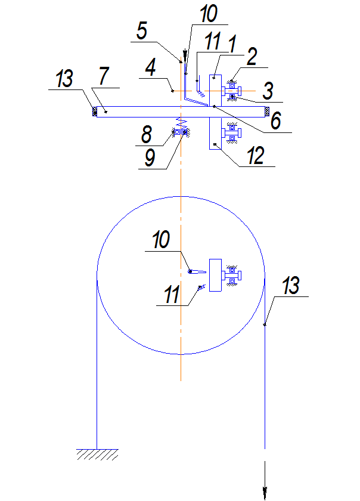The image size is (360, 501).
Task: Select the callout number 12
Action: (x=256, y=156)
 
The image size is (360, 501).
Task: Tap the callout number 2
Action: (x=251, y=57)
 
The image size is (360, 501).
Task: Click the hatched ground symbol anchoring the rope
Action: (x=96, y=454)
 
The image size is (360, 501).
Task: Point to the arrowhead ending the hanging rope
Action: (x=264, y=491)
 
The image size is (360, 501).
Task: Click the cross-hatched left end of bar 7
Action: (x=93, y=111)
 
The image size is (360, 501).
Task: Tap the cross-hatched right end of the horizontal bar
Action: (x=267, y=111)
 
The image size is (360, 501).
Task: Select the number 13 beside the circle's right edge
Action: (x=290, y=287)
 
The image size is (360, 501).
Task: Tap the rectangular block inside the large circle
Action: (x=215, y=276)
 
